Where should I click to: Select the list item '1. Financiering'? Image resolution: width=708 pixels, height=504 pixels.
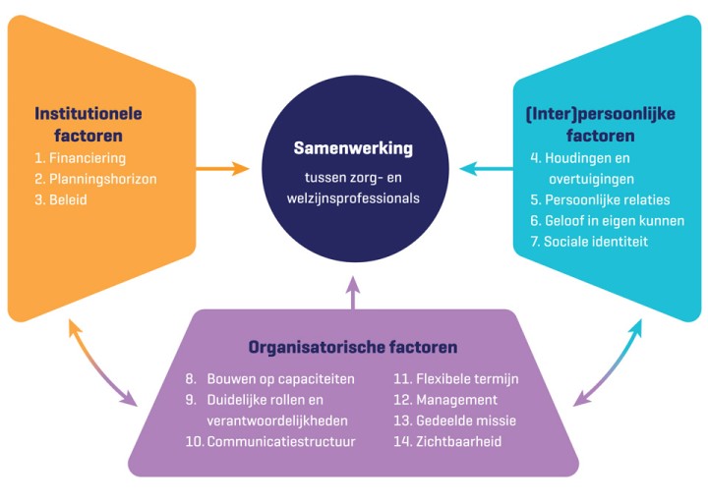tap(81, 158)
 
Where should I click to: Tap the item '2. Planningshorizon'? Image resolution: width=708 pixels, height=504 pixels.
tap(96, 179)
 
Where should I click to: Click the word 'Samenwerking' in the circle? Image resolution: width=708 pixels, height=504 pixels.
tap(353, 148)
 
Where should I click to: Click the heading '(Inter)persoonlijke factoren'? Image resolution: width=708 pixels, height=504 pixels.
tap(600, 125)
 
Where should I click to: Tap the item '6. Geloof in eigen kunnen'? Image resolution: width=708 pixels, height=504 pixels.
tap(608, 220)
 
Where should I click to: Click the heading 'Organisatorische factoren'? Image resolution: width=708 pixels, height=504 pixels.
tap(353, 347)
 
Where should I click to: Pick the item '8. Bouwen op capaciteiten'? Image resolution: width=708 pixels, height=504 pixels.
tap(269, 378)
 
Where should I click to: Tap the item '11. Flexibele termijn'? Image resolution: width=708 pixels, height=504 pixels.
tap(455, 378)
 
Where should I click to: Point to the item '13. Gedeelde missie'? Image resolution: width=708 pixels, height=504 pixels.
tap(454, 420)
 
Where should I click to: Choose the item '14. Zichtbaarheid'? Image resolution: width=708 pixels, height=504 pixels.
tap(447, 441)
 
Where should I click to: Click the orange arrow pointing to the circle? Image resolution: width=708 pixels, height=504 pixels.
tap(223, 169)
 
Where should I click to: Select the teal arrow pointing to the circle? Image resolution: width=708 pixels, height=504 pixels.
tap(486, 169)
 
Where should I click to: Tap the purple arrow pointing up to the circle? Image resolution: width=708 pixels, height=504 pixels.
tap(354, 292)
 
